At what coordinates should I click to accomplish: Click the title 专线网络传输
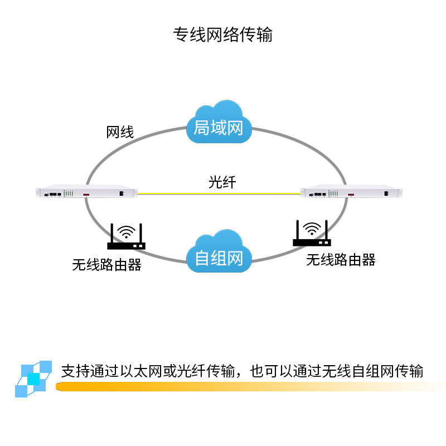[x=223, y=35]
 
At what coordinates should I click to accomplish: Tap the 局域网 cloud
[x=219, y=124]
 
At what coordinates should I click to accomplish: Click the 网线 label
[x=120, y=132]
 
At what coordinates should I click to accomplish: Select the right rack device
[x=351, y=193]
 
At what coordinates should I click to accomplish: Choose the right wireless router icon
[x=311, y=235]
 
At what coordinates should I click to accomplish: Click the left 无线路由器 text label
[x=106, y=264]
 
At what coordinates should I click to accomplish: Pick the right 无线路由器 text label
[x=341, y=260]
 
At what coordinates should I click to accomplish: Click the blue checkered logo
[x=33, y=379]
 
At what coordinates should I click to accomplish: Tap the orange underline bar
[x=251, y=386]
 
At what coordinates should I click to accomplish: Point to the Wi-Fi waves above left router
[x=128, y=231]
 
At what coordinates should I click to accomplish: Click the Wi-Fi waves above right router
[x=312, y=227]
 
